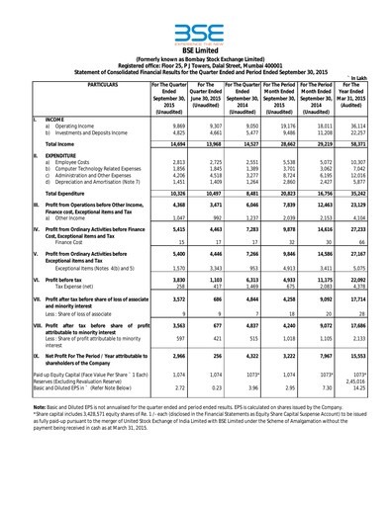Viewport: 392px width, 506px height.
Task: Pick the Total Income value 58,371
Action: (x=365, y=144)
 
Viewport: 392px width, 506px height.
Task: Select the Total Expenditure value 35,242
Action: (x=365, y=218)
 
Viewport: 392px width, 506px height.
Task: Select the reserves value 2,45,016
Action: (x=364, y=472)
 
